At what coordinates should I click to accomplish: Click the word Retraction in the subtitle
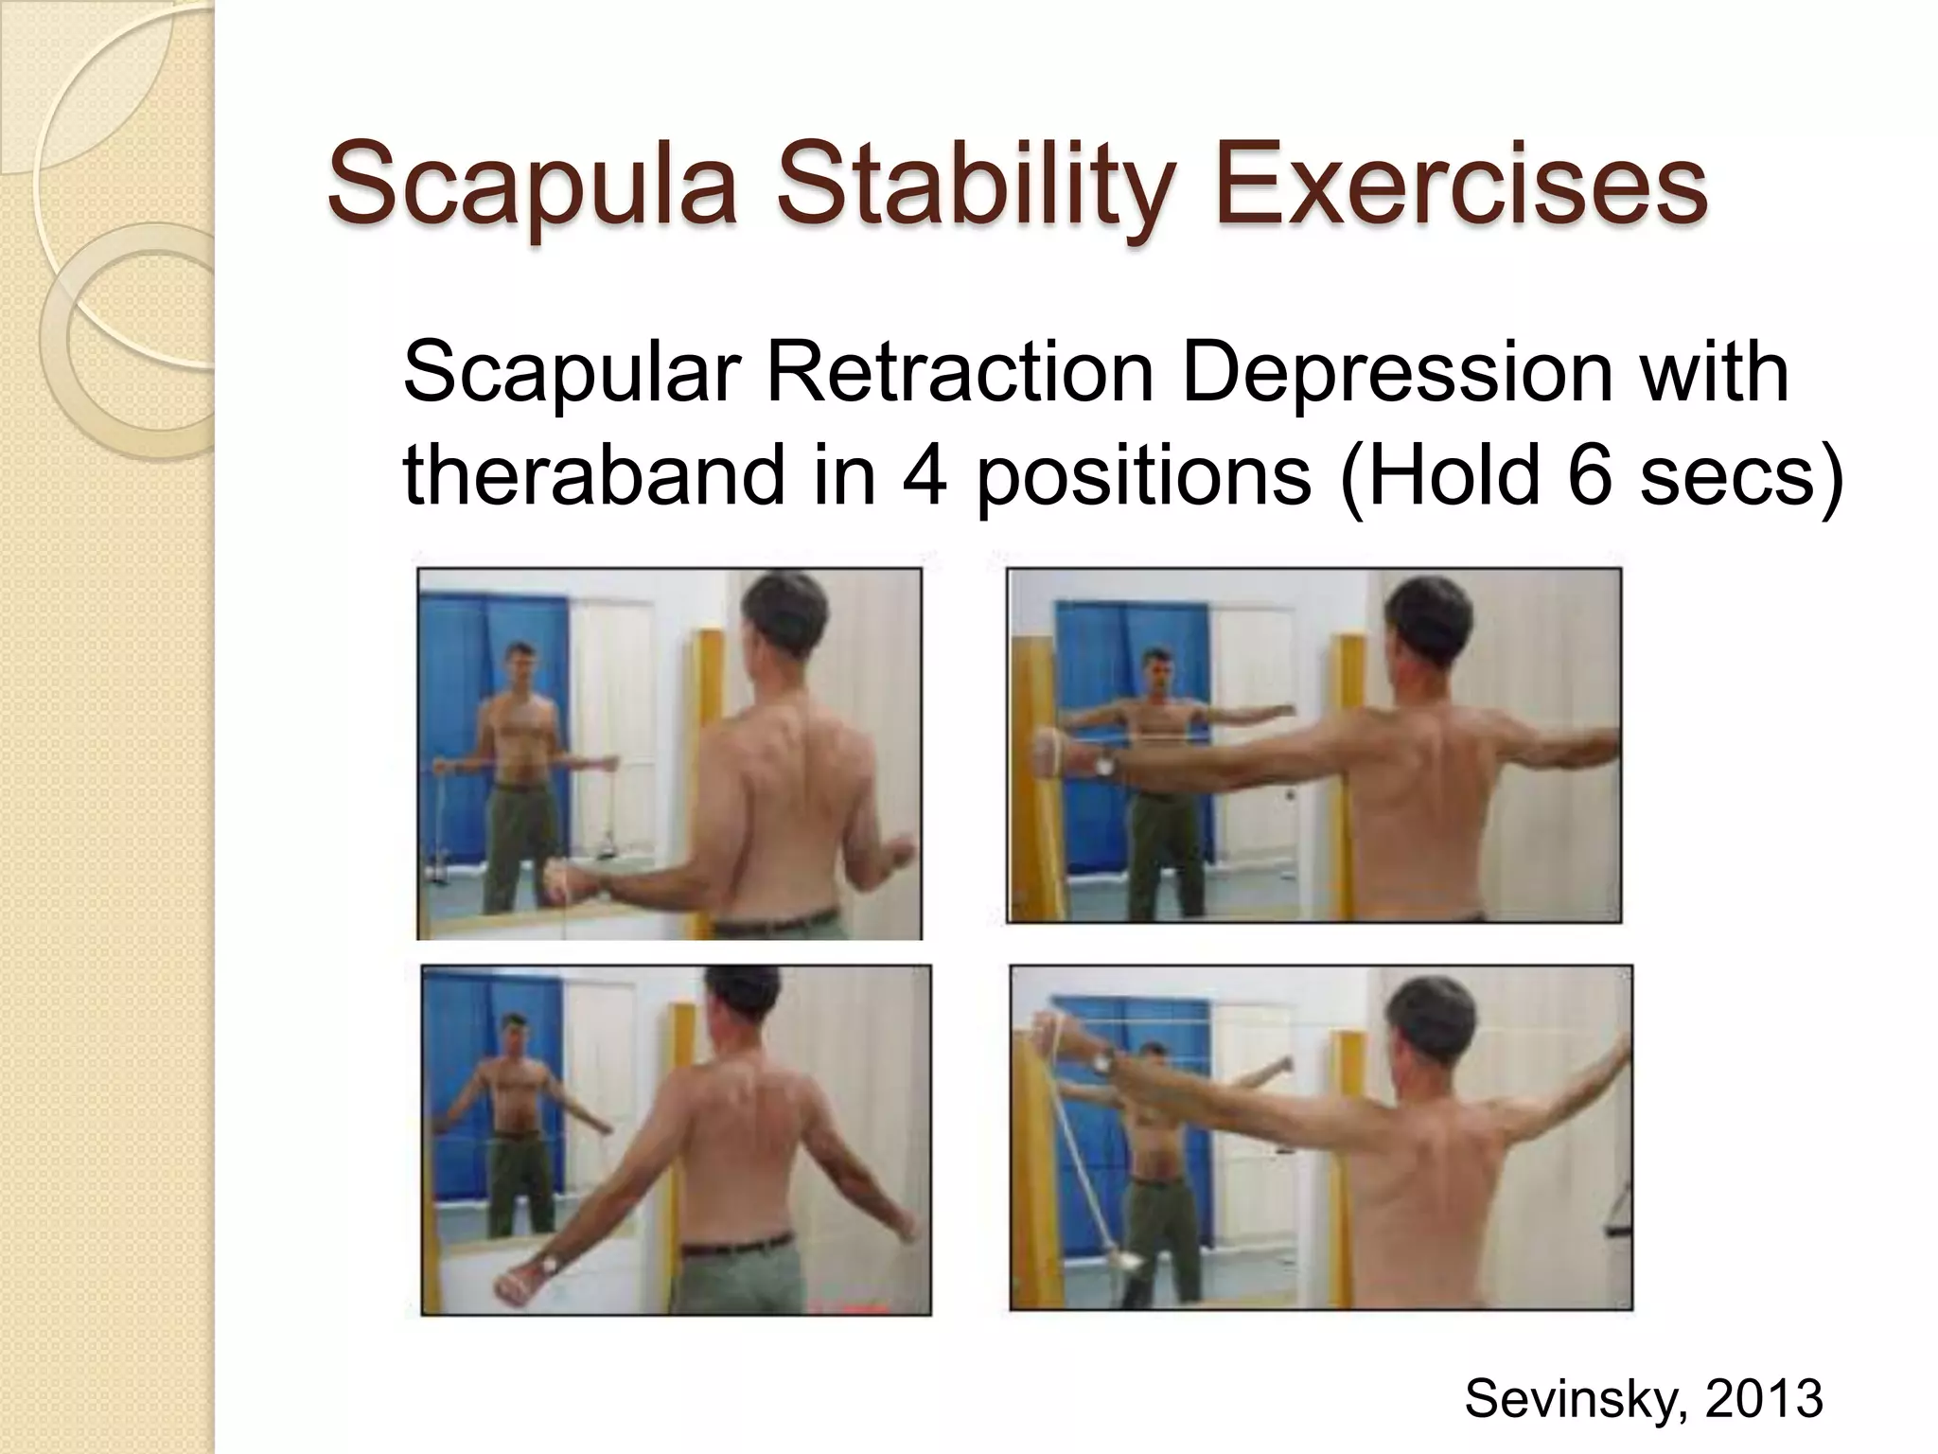[x=960, y=372]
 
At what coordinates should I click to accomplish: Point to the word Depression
[x=1396, y=372]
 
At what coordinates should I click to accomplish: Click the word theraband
[x=593, y=474]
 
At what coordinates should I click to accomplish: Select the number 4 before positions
[x=925, y=474]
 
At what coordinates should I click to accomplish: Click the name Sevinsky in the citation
[x=1576, y=1397]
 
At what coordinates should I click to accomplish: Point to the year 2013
[x=1764, y=1397]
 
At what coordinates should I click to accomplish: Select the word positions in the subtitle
[x=1144, y=474]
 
